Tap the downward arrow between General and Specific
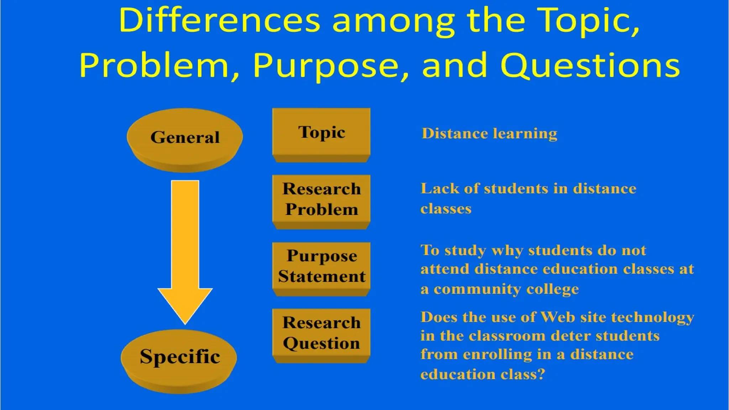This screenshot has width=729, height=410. point(185,249)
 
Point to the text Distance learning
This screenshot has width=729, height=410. point(489,133)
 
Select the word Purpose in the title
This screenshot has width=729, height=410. point(326,66)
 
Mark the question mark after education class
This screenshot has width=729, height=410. point(541,374)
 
